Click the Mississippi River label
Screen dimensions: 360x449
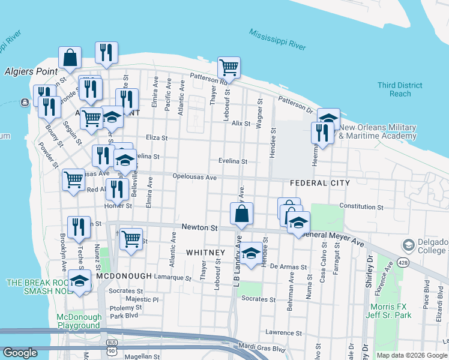click(278, 40)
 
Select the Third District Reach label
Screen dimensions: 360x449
click(394, 89)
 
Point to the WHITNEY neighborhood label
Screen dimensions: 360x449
click(205, 252)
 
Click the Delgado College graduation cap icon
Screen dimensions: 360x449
click(409, 245)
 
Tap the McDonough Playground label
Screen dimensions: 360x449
click(78, 321)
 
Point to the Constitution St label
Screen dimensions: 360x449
click(361, 206)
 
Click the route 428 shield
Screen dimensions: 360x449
click(401, 262)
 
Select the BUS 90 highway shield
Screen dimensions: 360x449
click(109, 349)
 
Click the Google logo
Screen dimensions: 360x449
click(20, 353)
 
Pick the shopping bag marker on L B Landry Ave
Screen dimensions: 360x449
click(241, 214)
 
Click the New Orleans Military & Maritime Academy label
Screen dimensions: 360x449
click(378, 131)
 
